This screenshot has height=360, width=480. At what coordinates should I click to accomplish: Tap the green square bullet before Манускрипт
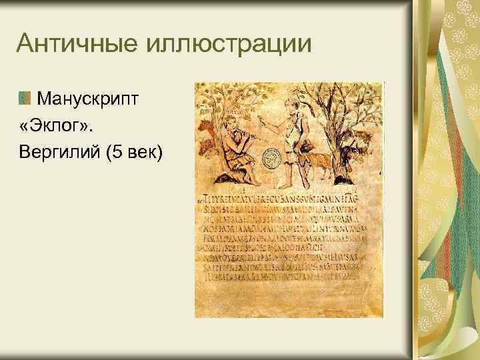point(25,99)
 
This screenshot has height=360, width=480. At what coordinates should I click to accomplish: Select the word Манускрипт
point(88,99)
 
